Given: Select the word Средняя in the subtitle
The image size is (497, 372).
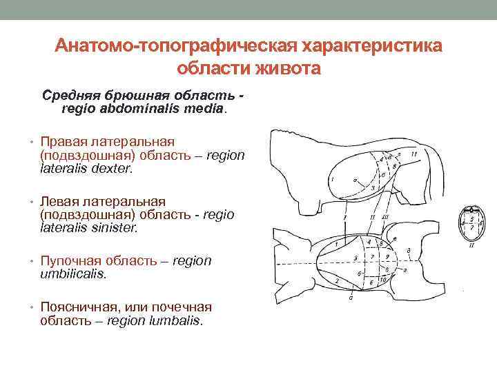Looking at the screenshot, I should pyautogui.click(x=70, y=94).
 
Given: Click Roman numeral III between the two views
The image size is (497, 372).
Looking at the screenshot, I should pyautogui.click(x=385, y=217).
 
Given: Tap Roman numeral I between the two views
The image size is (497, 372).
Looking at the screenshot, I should pyautogui.click(x=343, y=217).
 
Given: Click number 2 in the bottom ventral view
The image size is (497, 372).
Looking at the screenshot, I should pyautogui.click(x=336, y=282).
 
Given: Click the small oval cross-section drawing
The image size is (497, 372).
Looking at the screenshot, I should pyautogui.click(x=471, y=225).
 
